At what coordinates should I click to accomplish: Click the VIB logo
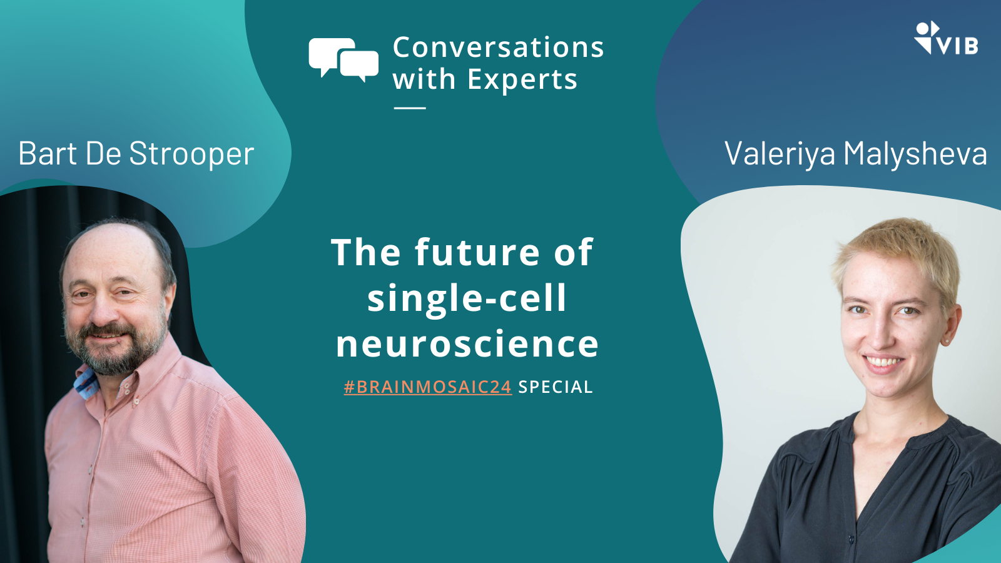(945, 38)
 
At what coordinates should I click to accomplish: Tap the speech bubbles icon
(343, 60)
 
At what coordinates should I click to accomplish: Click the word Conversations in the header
(498, 48)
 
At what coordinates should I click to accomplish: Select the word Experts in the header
(522, 79)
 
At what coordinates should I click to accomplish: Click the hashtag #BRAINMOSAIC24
(428, 387)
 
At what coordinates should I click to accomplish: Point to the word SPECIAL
(556, 387)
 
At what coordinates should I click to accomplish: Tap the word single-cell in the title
(467, 298)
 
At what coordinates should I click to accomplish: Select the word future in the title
(477, 253)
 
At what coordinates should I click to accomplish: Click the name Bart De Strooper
(136, 154)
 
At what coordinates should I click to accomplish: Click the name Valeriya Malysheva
(855, 154)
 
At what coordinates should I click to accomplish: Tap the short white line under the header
(410, 108)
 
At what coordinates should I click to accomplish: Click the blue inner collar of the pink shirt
(87, 382)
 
